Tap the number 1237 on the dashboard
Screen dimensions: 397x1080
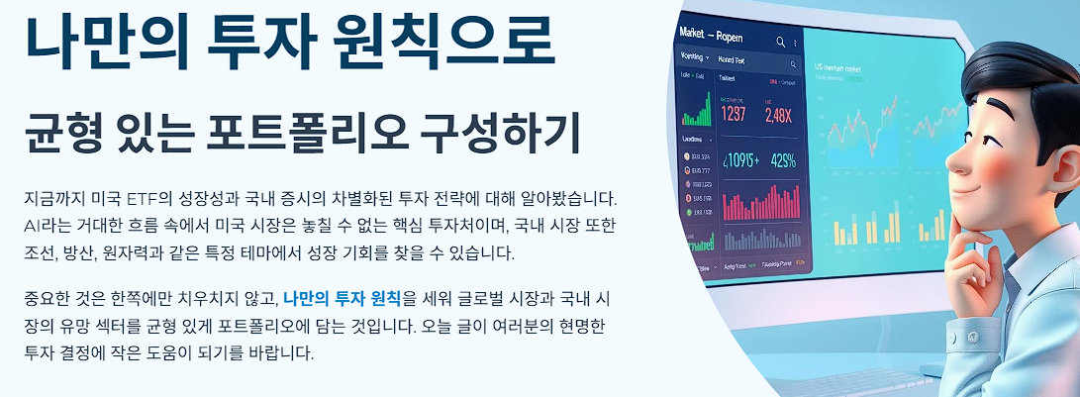click(734, 113)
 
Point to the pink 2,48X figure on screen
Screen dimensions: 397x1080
click(778, 114)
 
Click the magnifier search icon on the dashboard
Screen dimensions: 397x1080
click(780, 43)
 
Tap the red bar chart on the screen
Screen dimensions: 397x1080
click(759, 202)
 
